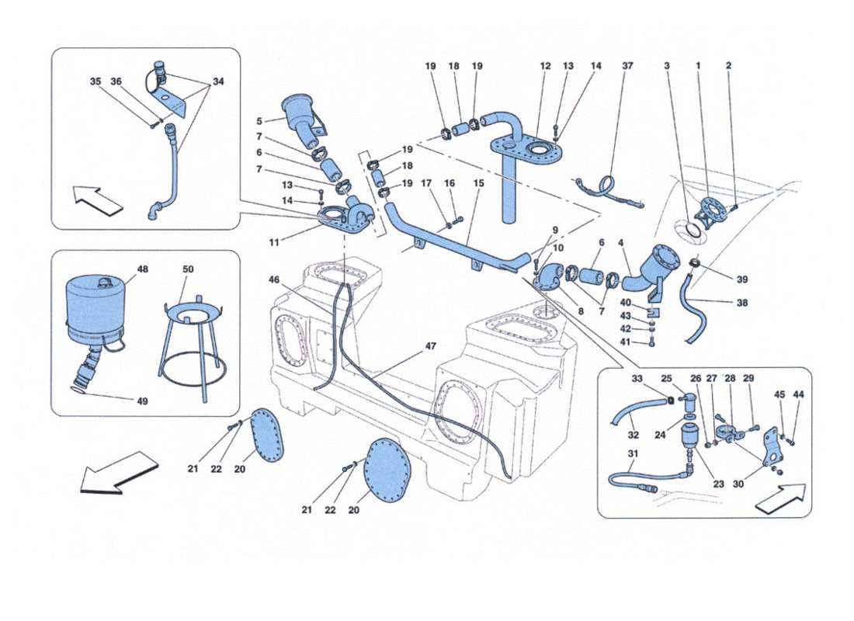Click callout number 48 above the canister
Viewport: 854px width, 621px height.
tap(143, 269)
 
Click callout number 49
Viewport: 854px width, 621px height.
tap(143, 401)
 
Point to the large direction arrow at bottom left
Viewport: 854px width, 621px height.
tap(119, 471)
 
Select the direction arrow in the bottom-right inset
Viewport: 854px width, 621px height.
tap(779, 497)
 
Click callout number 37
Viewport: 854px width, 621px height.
tap(627, 67)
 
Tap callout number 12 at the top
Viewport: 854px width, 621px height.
tap(545, 67)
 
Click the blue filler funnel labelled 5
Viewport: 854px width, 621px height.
tap(303, 118)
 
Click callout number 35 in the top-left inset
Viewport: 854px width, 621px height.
tap(95, 81)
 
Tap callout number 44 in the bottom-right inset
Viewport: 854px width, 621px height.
tap(799, 394)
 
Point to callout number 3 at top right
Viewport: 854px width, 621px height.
tap(667, 67)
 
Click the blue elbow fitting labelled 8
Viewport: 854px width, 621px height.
tap(554, 276)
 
